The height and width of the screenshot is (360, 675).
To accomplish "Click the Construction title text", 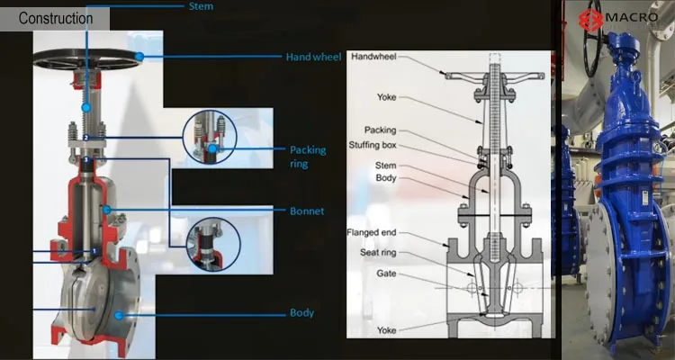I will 56,18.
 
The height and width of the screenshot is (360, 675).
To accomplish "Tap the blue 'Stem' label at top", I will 202,5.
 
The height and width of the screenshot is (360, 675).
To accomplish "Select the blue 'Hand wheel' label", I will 313,57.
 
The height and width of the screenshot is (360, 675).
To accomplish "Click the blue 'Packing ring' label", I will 307,156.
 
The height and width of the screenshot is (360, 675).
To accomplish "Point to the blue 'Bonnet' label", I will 306,211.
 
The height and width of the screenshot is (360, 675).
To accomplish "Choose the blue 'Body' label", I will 301,312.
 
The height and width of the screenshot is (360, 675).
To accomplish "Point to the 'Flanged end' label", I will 372,232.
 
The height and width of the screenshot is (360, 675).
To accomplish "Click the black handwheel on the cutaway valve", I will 85,58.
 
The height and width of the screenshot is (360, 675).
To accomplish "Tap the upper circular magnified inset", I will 211,138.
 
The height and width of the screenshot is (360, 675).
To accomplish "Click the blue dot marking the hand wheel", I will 139,57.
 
